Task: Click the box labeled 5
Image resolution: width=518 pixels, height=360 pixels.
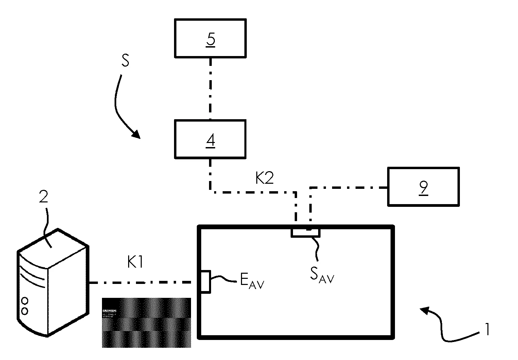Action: click(x=210, y=38)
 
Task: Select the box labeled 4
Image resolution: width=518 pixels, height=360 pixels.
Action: click(x=210, y=139)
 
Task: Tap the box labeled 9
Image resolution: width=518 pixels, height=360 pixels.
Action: click(x=423, y=186)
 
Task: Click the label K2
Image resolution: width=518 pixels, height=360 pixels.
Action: click(x=264, y=178)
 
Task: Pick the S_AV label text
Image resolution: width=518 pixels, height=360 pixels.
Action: click(x=322, y=276)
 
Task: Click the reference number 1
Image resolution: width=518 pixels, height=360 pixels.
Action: click(x=487, y=329)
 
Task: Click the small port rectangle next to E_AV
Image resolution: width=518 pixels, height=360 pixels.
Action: click(x=205, y=281)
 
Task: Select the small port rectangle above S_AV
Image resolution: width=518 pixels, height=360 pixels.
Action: click(x=305, y=233)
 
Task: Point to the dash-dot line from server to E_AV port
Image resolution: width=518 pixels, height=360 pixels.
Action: click(x=143, y=282)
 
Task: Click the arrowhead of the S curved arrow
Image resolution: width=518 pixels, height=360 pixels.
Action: click(x=136, y=134)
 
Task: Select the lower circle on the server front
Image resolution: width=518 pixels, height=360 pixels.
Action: click(x=24, y=311)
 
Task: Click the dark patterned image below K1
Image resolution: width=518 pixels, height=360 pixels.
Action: click(x=146, y=323)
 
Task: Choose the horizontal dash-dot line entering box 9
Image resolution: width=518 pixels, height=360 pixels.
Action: click(x=350, y=187)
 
